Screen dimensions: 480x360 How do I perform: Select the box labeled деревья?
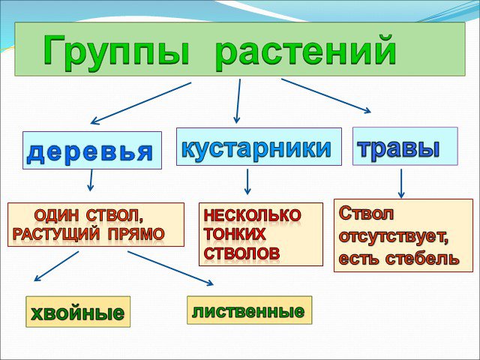(92, 150)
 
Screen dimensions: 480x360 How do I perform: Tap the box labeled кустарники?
(259, 147)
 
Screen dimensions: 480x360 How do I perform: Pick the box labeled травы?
(405, 146)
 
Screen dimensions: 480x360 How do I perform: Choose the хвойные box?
(78, 312)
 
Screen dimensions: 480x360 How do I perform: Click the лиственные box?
(250, 310)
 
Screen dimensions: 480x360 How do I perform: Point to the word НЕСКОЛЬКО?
(252, 215)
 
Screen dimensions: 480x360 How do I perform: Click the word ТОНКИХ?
(235, 234)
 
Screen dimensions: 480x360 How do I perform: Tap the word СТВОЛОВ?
(241, 253)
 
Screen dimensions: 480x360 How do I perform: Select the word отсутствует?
(394, 237)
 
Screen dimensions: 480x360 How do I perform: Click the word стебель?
(422, 258)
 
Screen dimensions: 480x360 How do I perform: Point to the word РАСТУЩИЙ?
(56, 234)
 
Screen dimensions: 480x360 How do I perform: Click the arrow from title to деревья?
(141, 103)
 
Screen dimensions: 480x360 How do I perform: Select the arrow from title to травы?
(326, 96)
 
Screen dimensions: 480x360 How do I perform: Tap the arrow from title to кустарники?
(238, 101)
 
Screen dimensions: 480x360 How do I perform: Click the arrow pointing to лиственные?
(170, 268)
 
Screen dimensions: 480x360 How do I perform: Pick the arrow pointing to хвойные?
(56, 266)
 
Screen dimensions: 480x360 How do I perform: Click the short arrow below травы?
(401, 183)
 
